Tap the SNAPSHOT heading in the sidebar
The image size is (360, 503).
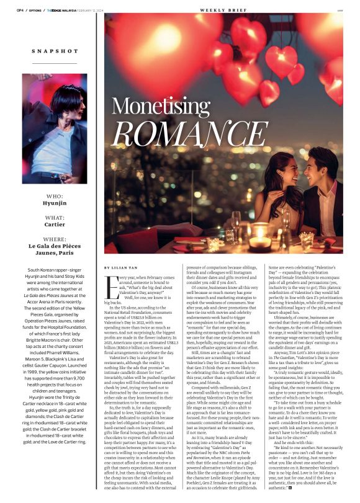(x=50, y=51)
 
